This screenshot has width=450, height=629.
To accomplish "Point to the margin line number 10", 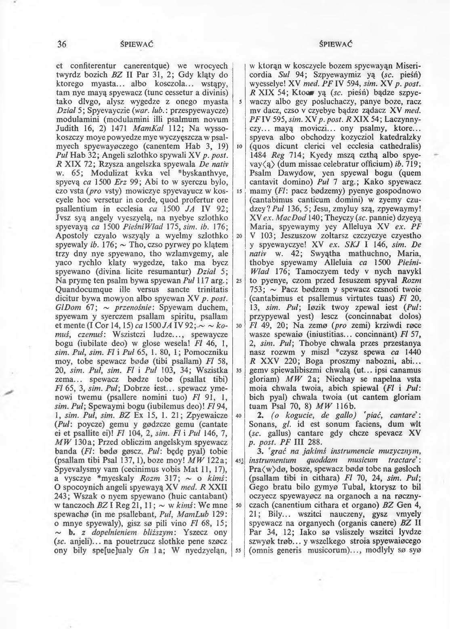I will tap(240, 146).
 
